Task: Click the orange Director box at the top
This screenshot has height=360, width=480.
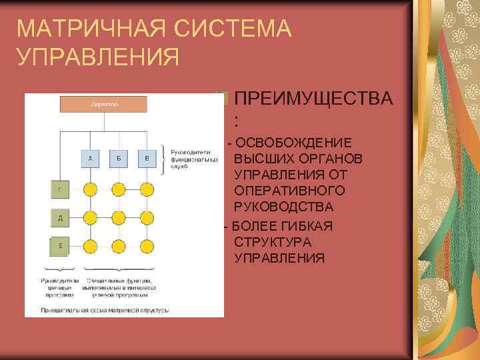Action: tap(104, 104)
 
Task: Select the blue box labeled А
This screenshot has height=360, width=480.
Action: tap(90, 159)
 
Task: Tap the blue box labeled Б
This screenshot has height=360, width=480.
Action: tap(119, 159)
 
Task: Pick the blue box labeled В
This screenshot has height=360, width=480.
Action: tap(147, 159)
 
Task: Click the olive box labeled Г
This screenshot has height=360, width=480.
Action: tap(60, 189)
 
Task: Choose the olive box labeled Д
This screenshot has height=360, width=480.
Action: tap(60, 217)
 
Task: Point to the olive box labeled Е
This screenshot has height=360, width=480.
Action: tap(60, 246)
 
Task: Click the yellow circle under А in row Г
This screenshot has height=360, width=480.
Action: tap(90, 189)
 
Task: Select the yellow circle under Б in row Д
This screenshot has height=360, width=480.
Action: tap(119, 217)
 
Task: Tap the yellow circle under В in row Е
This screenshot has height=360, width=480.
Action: tap(147, 246)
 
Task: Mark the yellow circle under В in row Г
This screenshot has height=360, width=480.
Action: tap(147, 189)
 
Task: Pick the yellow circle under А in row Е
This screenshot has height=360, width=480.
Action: tap(90, 246)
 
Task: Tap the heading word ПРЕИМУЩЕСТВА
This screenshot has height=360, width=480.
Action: tap(314, 99)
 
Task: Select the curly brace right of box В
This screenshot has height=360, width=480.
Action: tap(165, 159)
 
